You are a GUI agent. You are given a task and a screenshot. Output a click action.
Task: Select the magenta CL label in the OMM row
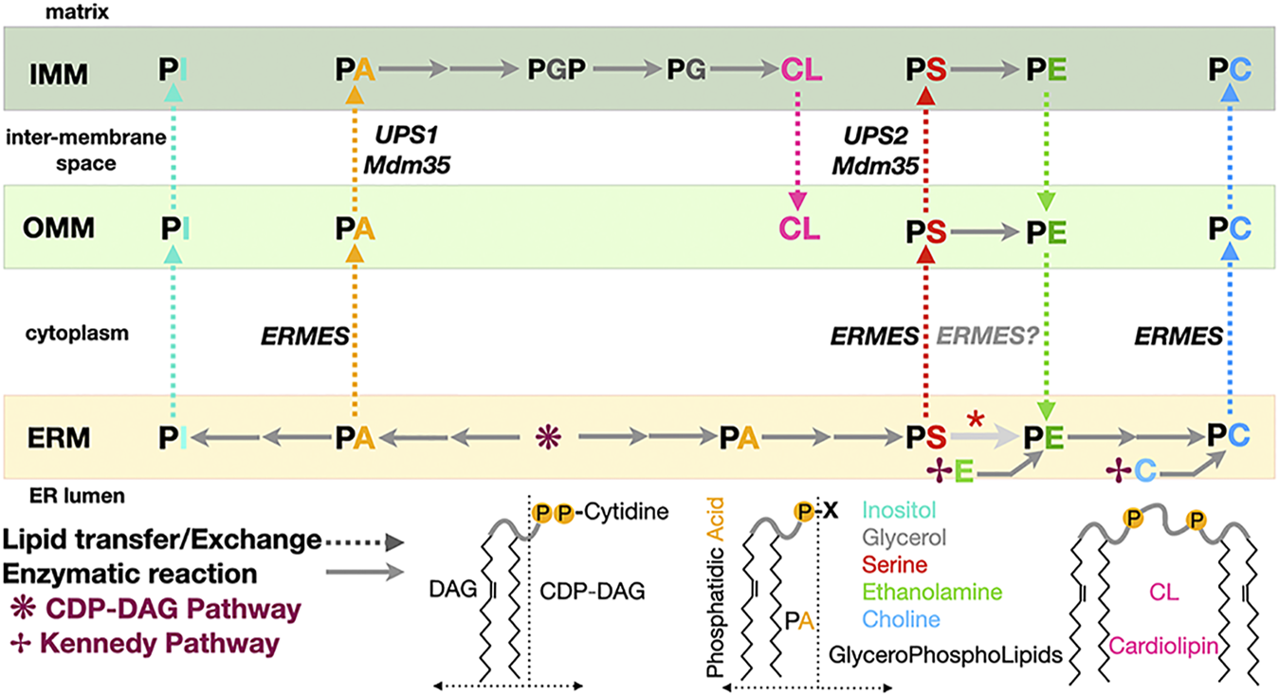(800, 229)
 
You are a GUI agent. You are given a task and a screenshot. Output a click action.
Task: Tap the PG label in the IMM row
(687, 69)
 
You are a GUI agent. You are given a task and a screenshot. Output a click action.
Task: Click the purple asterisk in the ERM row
(547, 437)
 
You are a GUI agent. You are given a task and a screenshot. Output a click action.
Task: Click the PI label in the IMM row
(172, 69)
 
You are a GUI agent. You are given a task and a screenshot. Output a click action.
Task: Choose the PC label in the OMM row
(1230, 229)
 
